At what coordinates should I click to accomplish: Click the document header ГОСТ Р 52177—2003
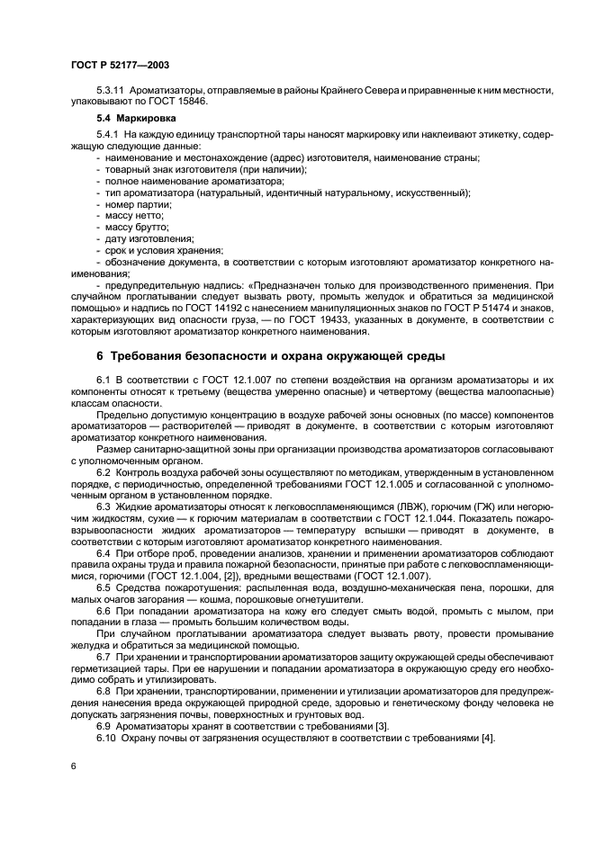point(119,65)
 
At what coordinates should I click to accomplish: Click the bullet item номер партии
point(131,204)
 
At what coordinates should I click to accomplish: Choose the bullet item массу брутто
point(133,227)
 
